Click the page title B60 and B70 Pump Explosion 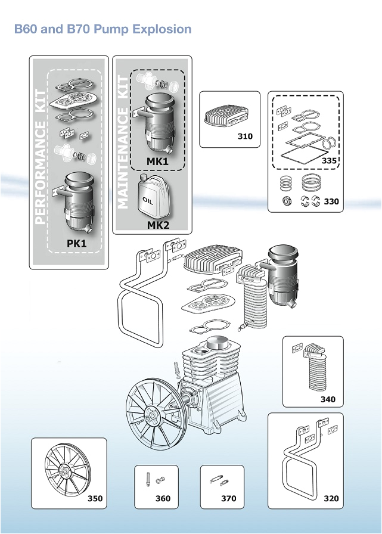(x=103, y=29)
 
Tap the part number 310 (x=245, y=136)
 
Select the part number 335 (x=329, y=160)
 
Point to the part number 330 (x=331, y=201)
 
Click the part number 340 (x=328, y=399)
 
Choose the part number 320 (x=331, y=498)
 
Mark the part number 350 (x=95, y=498)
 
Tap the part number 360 (x=163, y=498)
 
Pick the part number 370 (x=228, y=498)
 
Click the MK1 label (x=158, y=161)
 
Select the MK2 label (x=158, y=225)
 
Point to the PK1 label (x=77, y=243)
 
